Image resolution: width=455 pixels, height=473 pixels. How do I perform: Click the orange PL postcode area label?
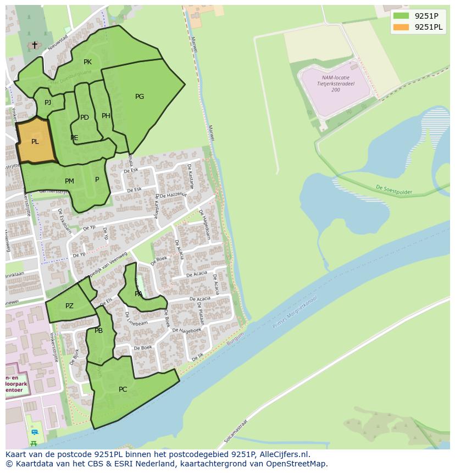tap(35, 142)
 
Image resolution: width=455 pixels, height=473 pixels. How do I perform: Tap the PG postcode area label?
tap(140, 97)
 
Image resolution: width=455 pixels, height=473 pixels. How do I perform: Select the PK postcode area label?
tap(87, 62)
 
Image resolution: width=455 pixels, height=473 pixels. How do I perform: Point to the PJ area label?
tap(48, 102)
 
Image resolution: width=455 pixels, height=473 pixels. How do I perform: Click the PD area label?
tap(84, 118)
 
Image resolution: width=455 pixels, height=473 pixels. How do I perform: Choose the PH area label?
tap(106, 116)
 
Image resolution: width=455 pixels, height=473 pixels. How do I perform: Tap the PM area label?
tap(69, 181)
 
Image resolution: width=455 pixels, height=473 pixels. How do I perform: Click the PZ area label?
tap(69, 306)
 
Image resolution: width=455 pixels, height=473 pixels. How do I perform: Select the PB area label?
tap(98, 331)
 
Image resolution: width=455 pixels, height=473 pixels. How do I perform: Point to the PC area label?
tap(123, 389)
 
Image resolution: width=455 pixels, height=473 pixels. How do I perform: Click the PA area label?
tap(138, 294)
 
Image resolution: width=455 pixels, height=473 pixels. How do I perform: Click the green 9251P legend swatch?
tap(401, 15)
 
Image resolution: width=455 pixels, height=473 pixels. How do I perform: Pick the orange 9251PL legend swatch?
tap(401, 27)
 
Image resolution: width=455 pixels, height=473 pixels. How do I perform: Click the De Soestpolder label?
tap(393, 190)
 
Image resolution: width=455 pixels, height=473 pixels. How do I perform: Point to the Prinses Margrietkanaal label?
tap(295, 314)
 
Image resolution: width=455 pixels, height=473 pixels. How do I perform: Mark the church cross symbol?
tap(34, 45)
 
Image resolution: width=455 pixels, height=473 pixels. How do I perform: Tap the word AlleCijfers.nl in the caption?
tap(284, 454)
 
